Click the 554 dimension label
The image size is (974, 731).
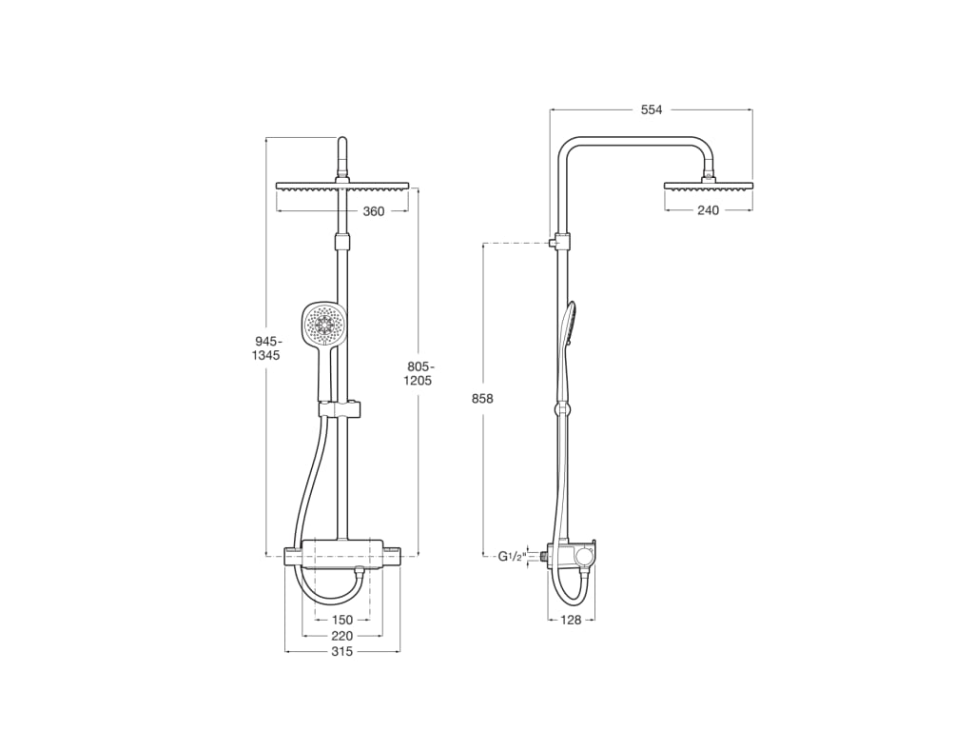pyautogui.click(x=651, y=109)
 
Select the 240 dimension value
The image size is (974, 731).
pyautogui.click(x=708, y=210)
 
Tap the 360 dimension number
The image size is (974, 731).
pyautogui.click(x=374, y=211)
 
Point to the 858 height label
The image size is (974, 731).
pyautogui.click(x=482, y=399)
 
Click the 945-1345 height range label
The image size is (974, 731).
pyautogui.click(x=267, y=347)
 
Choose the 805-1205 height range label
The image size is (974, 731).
pyautogui.click(x=418, y=373)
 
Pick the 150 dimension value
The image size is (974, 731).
pyautogui.click(x=341, y=620)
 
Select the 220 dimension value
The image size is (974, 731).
pyautogui.click(x=341, y=636)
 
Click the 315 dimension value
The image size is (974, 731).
pyautogui.click(x=341, y=652)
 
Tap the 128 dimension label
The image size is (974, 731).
pyautogui.click(x=571, y=620)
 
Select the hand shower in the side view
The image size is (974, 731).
pyautogui.click(x=568, y=328)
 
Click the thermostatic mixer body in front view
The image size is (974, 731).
pyautogui.click(x=342, y=553)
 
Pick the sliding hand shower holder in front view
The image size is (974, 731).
pyautogui.click(x=341, y=409)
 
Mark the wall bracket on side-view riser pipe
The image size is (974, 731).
pyautogui.click(x=561, y=241)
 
